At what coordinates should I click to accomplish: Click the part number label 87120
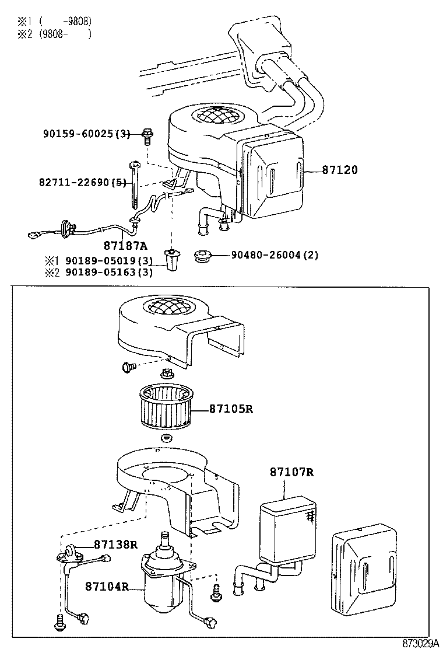click(340, 170)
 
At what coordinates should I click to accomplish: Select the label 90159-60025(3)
click(86, 134)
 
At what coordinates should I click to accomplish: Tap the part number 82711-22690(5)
click(83, 182)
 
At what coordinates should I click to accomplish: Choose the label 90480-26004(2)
click(275, 255)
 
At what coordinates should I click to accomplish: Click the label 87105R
click(231, 409)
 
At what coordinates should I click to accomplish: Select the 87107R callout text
click(291, 472)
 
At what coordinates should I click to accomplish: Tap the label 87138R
click(115, 545)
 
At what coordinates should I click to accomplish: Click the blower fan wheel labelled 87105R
click(167, 409)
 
